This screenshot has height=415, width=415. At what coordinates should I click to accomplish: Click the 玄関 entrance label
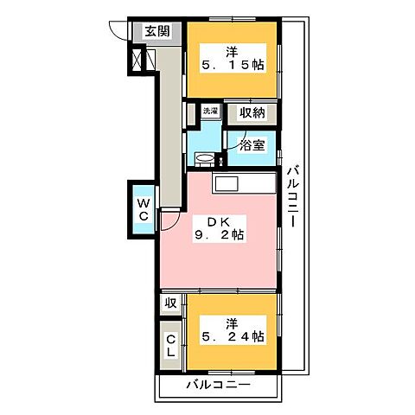(157, 32)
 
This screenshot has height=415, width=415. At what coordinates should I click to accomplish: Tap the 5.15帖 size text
(233, 63)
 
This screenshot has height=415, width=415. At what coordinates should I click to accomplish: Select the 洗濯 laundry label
(209, 112)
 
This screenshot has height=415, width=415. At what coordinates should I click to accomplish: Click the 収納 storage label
(252, 112)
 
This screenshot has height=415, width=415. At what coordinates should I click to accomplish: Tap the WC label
(144, 208)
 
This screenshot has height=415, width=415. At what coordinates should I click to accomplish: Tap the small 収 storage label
(170, 304)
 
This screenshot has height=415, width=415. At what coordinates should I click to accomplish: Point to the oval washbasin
(205, 157)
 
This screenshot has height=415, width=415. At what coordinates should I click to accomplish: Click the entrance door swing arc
(121, 29)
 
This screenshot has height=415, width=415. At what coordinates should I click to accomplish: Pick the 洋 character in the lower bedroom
(232, 322)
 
